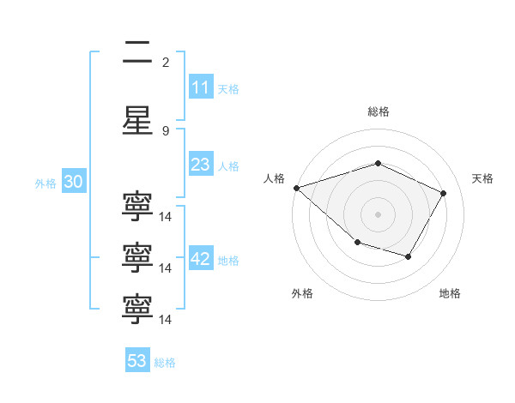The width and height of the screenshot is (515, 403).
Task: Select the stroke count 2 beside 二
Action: [x=166, y=62]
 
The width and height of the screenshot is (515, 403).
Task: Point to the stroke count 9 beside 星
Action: [x=166, y=130]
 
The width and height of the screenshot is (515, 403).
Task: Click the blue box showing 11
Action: [x=200, y=87]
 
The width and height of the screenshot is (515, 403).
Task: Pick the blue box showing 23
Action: [x=200, y=165]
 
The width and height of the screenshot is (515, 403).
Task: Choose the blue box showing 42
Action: [x=201, y=259]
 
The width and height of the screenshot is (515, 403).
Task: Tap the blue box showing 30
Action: [x=72, y=182]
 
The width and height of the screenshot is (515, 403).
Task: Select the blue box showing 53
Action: [x=136, y=361]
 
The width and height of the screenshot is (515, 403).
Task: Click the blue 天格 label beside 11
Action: [x=228, y=88]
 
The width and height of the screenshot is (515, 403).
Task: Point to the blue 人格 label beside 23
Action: [x=228, y=165]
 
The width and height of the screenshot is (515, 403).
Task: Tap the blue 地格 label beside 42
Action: [x=228, y=260]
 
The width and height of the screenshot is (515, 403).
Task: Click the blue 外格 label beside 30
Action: [x=45, y=183]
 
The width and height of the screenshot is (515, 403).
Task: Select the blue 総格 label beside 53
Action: [x=165, y=362]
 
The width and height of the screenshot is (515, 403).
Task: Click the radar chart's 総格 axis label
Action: [x=378, y=111]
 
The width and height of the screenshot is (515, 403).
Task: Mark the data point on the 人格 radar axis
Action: [x=297, y=188]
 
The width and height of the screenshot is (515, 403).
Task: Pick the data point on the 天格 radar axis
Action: [x=443, y=193]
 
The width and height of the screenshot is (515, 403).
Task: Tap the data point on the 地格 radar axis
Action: [x=409, y=256]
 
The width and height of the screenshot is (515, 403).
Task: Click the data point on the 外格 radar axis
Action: [x=357, y=244]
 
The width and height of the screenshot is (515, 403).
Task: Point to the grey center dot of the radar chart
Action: [x=378, y=214]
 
